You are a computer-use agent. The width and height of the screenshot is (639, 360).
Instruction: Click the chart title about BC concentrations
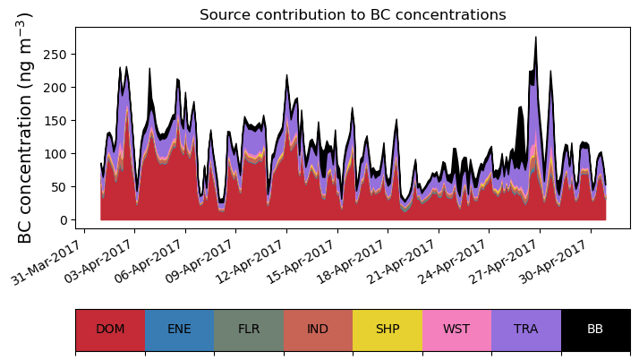(353, 15)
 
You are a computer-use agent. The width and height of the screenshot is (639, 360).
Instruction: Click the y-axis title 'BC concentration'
(25, 127)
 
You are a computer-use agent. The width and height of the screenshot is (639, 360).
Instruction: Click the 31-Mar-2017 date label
(52, 261)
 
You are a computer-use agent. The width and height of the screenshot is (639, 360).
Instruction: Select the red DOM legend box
(110, 330)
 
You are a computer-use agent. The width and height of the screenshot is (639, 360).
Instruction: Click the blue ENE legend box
(179, 330)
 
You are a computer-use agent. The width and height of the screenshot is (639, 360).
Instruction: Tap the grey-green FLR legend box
(249, 330)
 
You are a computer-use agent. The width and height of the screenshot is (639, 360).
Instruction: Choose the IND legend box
(318, 330)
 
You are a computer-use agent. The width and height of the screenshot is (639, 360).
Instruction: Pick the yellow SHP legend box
(388, 330)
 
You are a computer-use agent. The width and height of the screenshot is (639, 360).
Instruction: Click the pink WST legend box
(456, 330)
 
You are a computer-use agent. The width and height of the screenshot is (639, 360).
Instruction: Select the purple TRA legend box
(526, 330)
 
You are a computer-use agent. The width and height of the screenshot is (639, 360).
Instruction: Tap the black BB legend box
(595, 330)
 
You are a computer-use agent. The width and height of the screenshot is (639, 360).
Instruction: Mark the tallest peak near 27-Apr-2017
(535, 39)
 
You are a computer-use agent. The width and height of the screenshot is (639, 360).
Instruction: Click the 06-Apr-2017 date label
(153, 261)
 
